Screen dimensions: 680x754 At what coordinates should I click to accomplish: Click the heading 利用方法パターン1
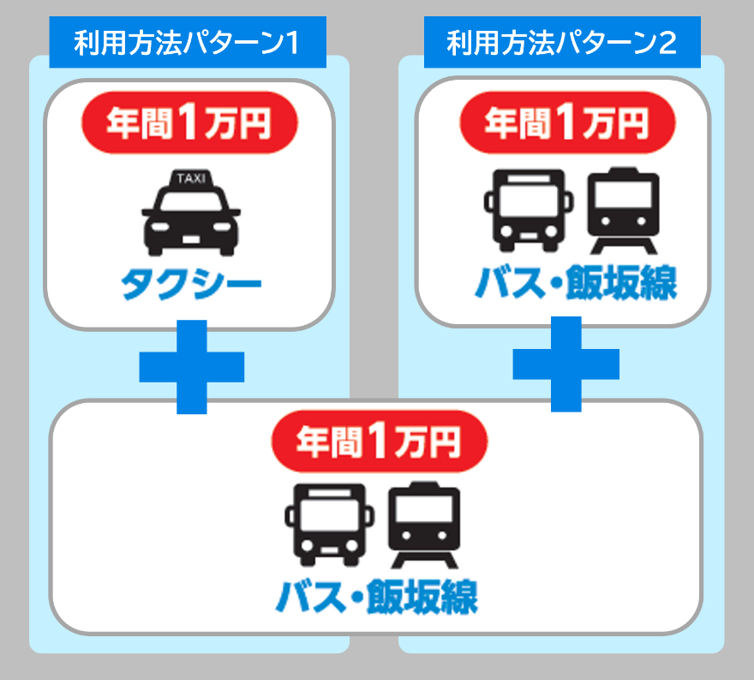click(188, 42)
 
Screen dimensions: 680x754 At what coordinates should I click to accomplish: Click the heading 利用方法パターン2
click(561, 42)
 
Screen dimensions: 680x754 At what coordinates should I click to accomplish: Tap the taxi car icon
click(190, 214)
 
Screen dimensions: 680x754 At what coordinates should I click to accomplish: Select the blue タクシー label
click(190, 285)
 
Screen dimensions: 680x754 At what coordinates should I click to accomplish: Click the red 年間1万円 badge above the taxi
click(189, 124)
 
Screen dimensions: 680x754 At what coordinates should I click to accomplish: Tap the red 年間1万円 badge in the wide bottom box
click(379, 442)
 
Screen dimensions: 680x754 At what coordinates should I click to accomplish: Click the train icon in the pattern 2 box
click(623, 211)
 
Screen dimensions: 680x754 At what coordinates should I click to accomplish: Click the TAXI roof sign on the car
click(190, 178)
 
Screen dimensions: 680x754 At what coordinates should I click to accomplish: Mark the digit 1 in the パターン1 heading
click(290, 42)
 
